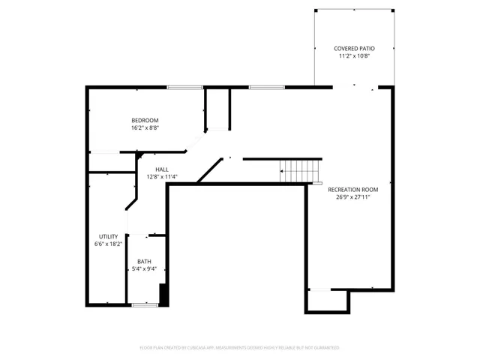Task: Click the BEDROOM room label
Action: click(145, 120)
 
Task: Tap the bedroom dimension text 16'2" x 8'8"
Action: click(145, 127)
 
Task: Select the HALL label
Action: click(162, 169)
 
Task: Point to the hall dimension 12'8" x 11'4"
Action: click(162, 177)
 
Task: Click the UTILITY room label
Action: click(108, 236)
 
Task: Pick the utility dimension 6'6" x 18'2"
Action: click(108, 244)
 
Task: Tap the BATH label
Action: click(144, 262)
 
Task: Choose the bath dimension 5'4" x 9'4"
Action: click(144, 269)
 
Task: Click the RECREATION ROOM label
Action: click(352, 189)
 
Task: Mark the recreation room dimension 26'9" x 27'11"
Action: click(352, 197)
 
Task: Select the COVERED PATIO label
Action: click(354, 49)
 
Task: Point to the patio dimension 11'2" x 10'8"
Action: click(354, 56)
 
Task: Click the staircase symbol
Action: click(300, 171)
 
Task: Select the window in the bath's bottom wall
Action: click(143, 304)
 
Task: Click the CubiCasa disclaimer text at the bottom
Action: click(240, 348)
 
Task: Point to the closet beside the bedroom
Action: click(217, 109)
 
